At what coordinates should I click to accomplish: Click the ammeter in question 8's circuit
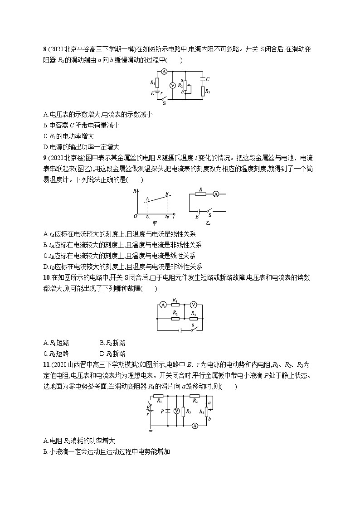click(x=165, y=72)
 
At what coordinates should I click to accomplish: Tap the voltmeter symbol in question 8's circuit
click(x=172, y=86)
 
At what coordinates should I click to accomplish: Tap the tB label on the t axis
click(x=167, y=218)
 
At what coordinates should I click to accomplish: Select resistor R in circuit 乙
click(x=201, y=194)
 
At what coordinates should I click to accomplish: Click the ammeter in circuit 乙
click(x=216, y=194)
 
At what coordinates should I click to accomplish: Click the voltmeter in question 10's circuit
click(x=193, y=305)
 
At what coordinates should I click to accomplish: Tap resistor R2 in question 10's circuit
click(x=176, y=318)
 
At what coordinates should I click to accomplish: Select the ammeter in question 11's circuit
click(x=195, y=426)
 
